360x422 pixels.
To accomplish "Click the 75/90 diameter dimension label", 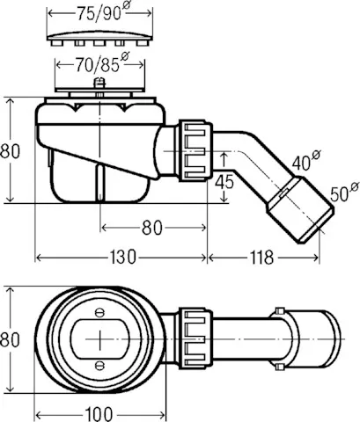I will point(97,14).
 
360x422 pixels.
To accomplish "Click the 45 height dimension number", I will point(224,182).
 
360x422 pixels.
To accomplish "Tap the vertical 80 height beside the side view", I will point(10,150).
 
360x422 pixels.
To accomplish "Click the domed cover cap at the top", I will point(98,35).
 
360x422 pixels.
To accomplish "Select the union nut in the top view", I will point(193,338).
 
